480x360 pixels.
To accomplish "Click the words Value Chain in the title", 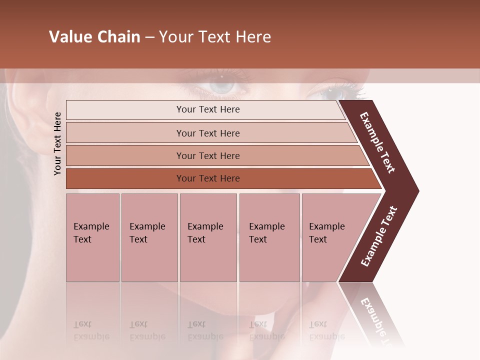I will coord(94,37).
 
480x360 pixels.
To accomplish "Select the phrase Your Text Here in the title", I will coord(215,37).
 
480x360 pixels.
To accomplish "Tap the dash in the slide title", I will coord(149,37).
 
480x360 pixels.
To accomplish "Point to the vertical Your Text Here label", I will coord(57,143).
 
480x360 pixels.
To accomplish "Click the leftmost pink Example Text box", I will coord(92,237).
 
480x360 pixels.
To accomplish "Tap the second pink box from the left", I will coord(149,237).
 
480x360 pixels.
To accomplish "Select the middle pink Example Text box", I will coord(208,237).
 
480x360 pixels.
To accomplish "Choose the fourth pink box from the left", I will coord(269,237).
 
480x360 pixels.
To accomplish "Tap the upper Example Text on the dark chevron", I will coord(377,142).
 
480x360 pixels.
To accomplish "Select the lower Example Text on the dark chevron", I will coord(379,236).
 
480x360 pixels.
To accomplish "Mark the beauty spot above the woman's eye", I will coord(221,76).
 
